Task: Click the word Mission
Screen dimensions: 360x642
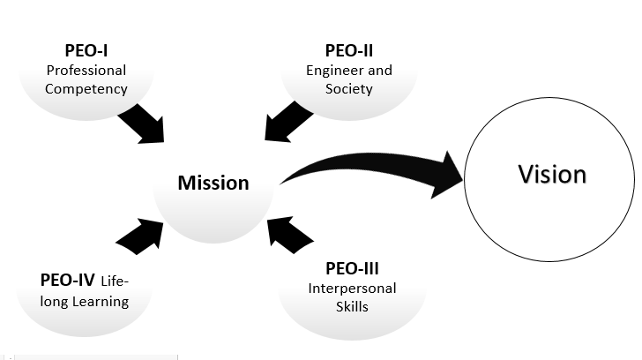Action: point(213,183)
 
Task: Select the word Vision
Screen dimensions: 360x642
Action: point(552,174)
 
